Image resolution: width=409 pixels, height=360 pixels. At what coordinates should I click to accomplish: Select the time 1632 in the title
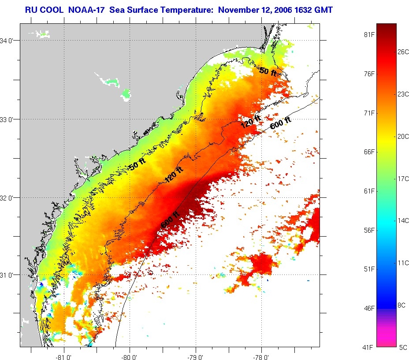point(302,9)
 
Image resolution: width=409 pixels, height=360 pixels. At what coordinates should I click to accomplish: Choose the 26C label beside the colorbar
point(403,52)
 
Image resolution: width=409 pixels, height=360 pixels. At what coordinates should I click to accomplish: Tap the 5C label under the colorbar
point(403,347)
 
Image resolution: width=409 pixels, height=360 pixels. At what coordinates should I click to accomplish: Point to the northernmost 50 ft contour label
point(268,71)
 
